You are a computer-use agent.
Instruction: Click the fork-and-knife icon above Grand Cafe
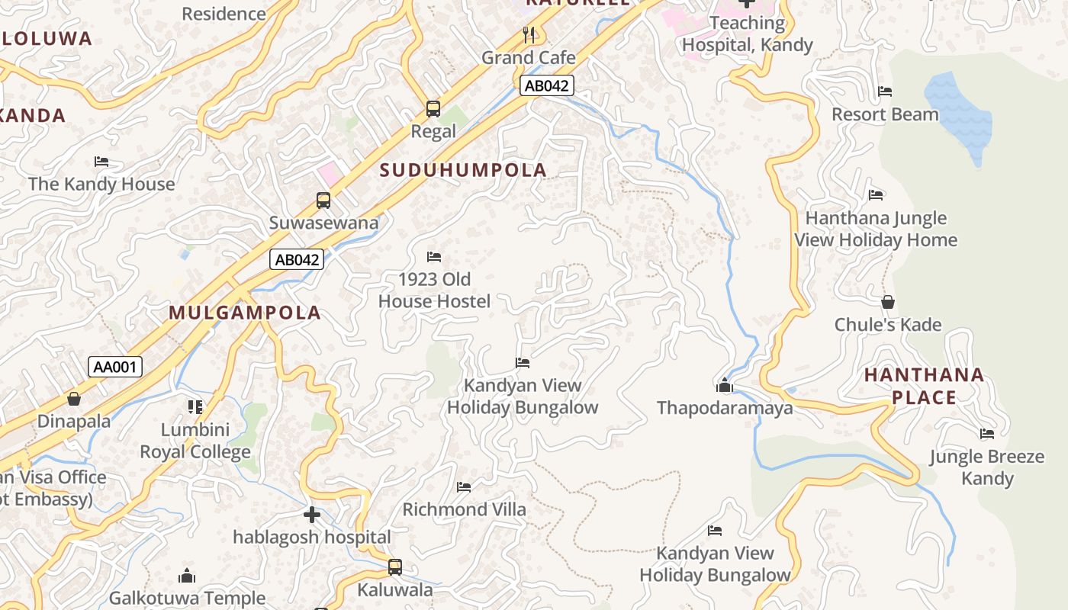click(529, 34)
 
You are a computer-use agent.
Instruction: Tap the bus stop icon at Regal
click(433, 109)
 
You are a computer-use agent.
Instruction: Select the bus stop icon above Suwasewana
click(323, 201)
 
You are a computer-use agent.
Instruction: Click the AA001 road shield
click(115, 367)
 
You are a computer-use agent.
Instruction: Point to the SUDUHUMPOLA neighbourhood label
click(463, 170)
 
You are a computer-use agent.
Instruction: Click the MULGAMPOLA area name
click(245, 313)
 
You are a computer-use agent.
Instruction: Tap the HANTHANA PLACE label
click(924, 386)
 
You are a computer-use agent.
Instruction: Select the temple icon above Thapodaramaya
click(725, 385)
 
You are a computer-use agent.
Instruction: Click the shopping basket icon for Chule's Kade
click(888, 302)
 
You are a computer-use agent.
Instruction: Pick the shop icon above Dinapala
click(74, 398)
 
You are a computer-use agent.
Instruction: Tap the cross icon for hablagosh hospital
click(312, 515)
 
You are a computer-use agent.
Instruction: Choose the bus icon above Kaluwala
click(395, 567)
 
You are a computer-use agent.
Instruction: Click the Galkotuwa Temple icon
click(187, 576)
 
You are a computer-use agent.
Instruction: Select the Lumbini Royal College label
click(195, 441)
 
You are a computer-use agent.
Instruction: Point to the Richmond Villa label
click(464, 509)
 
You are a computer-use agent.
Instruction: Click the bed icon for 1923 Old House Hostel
click(434, 257)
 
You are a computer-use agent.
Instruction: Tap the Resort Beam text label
click(885, 114)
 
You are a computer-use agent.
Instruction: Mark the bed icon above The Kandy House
click(101, 162)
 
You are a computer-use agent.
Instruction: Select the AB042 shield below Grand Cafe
click(547, 85)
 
